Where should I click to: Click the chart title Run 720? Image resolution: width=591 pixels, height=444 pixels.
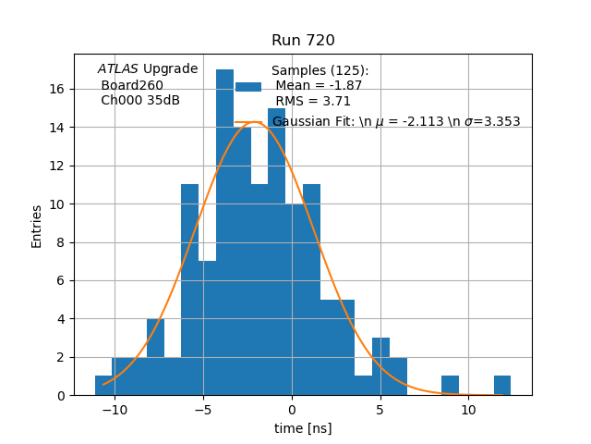point(303,41)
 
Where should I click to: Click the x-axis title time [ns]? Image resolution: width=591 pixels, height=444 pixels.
point(303,428)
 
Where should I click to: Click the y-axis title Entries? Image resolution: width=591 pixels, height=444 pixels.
point(37,226)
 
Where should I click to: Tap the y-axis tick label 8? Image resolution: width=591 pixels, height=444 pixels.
point(59,242)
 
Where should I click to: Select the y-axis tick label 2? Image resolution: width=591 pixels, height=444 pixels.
point(59,357)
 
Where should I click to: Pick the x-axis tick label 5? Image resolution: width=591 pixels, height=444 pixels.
point(380,410)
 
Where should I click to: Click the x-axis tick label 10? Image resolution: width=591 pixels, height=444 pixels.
point(468,410)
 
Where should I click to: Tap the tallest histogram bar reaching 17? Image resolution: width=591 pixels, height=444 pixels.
point(224,231)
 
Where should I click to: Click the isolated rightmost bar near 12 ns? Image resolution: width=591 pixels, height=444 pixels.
point(501,386)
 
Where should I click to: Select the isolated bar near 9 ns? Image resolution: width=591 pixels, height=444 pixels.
point(450,386)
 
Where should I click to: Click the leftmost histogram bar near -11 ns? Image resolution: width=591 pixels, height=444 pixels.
point(103,386)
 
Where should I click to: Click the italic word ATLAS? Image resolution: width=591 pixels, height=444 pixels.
point(118,68)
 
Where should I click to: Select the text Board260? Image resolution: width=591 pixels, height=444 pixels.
point(132,85)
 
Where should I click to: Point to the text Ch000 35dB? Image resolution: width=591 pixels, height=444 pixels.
point(140,101)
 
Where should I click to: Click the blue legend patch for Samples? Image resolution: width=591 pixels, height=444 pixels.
point(248,86)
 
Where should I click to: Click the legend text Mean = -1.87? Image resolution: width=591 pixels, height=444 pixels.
point(319,86)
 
